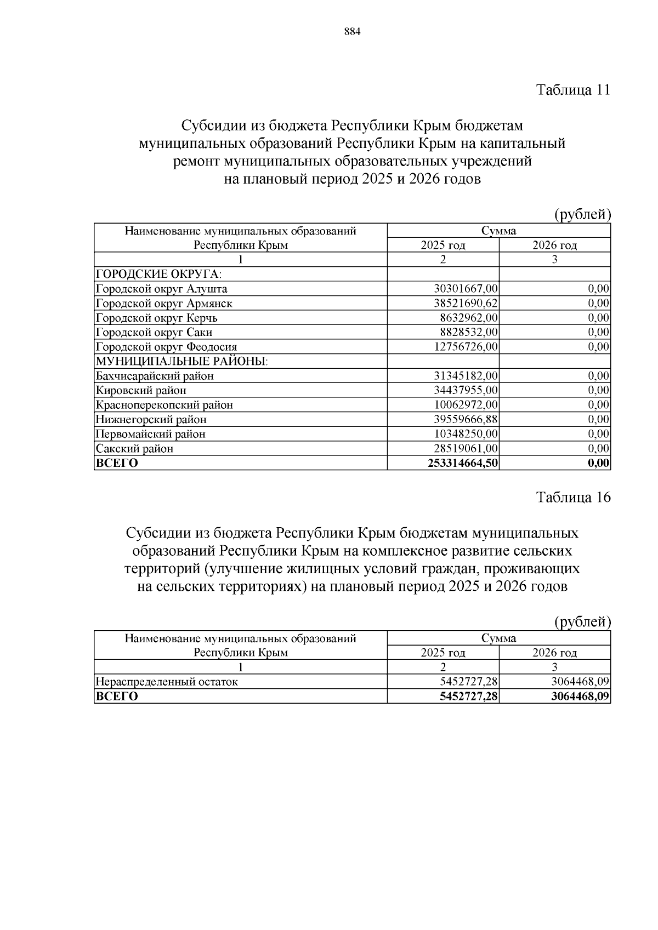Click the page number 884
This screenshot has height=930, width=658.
click(x=352, y=32)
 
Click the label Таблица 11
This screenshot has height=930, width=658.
click(x=573, y=90)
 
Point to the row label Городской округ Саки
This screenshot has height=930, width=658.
click(x=154, y=332)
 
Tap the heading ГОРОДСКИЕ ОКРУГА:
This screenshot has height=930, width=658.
click(x=158, y=274)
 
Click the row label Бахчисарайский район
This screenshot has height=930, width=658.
click(x=155, y=376)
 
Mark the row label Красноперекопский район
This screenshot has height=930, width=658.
click(x=164, y=405)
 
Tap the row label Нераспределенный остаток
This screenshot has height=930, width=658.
click(x=167, y=682)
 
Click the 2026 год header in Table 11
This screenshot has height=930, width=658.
click(x=554, y=245)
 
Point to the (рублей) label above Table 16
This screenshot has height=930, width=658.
click(x=582, y=621)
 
